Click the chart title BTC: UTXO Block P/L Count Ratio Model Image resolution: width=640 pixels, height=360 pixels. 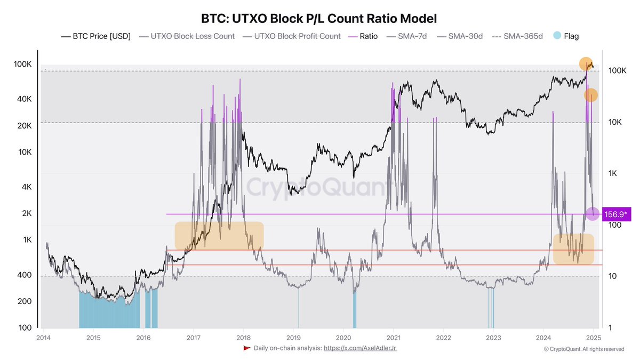[319, 19]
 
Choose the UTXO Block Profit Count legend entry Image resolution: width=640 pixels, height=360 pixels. [292, 36]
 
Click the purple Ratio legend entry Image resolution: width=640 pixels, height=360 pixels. [364, 36]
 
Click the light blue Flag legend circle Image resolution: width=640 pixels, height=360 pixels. [557, 36]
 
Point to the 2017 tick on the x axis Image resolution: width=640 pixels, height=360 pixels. [194, 337]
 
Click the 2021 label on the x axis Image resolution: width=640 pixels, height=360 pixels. [394, 337]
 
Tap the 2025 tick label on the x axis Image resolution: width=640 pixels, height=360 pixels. [594, 337]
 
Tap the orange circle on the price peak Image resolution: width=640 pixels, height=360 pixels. [586, 64]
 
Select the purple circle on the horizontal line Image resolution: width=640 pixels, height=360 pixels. [593, 214]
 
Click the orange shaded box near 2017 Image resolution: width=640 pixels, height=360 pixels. [219, 236]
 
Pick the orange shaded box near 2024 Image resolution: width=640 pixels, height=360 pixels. [573, 249]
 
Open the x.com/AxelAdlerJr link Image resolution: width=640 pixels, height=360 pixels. [359, 348]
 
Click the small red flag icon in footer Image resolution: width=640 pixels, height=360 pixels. [246, 348]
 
